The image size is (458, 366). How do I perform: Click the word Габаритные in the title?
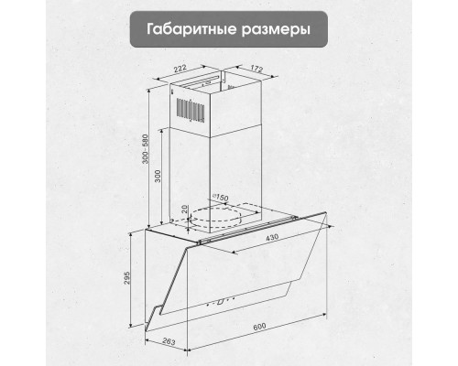point(181,29)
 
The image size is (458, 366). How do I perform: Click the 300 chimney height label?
point(157,176)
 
